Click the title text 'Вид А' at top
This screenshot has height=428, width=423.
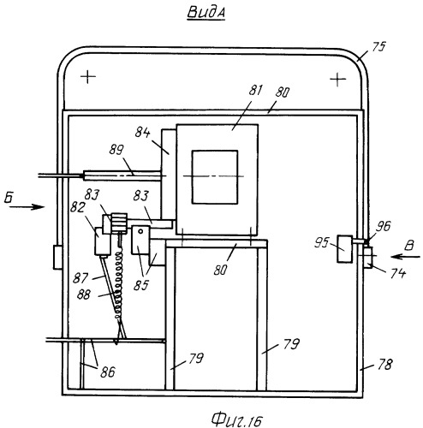(206, 13)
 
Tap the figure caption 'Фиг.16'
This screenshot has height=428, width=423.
(236, 419)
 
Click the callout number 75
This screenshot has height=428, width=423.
(378, 47)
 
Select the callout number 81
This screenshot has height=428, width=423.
(255, 90)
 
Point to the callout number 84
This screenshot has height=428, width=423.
(142, 133)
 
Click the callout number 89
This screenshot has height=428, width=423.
(116, 150)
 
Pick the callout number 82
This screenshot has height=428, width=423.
(77, 207)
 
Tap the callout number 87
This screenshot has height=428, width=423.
(80, 277)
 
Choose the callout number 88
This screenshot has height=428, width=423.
(84, 294)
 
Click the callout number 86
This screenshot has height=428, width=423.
(108, 372)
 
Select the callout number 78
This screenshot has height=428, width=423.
(385, 365)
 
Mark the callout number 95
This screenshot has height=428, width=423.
(322, 243)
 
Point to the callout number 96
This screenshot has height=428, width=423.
(383, 226)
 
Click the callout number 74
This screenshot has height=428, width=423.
(398, 273)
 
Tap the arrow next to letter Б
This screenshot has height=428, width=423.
(27, 207)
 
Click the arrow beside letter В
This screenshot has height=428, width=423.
(406, 257)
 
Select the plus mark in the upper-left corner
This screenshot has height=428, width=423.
(88, 77)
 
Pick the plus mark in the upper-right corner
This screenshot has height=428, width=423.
(338, 80)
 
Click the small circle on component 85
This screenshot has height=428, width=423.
(140, 231)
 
